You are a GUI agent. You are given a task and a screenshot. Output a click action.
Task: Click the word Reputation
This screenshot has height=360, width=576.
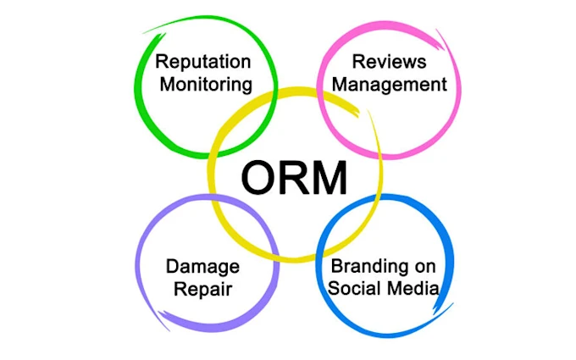(202, 62)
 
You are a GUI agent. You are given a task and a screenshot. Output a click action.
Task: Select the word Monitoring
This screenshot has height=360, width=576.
(203, 84)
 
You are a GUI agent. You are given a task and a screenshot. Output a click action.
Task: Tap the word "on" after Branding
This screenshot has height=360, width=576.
(424, 266)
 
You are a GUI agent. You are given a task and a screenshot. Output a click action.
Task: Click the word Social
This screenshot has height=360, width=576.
(353, 288)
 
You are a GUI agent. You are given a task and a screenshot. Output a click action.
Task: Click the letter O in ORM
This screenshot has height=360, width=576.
(260, 178)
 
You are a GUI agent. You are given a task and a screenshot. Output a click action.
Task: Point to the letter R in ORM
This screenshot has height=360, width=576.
(296, 178)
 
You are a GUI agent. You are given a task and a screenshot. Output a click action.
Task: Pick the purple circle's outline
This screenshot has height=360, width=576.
(137, 263)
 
